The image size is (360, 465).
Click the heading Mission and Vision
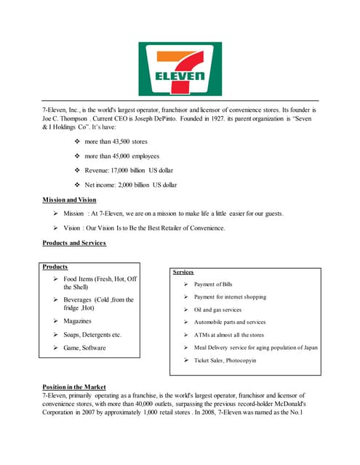click(x=70, y=198)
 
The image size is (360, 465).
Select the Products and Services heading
click(x=75, y=243)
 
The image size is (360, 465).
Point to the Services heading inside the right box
click(x=183, y=272)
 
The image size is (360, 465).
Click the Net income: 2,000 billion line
click(x=131, y=185)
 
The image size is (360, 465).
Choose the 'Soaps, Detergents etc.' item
click(x=92, y=334)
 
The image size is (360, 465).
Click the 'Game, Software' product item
click(x=84, y=348)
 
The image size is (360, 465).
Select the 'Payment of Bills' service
click(x=213, y=284)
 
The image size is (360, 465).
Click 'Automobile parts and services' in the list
click(x=230, y=322)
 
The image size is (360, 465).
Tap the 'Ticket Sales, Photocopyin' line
click(x=225, y=360)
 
